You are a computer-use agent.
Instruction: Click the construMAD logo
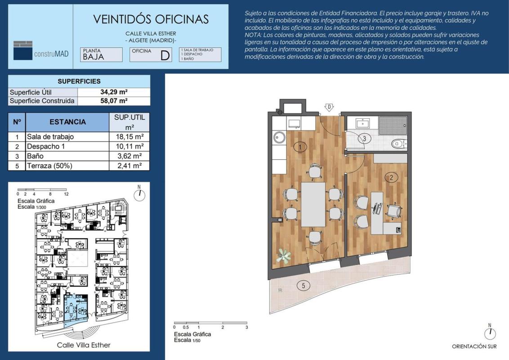41,51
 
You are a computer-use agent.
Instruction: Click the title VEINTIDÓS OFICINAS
151,19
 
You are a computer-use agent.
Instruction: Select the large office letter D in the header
165,55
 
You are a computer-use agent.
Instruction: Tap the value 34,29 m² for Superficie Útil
114,92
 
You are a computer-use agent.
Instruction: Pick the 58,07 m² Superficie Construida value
114,101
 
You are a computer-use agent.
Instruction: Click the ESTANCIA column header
67,122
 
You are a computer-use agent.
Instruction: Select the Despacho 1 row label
46,146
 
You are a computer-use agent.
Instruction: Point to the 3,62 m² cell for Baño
129,156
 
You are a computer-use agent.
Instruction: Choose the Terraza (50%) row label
49,166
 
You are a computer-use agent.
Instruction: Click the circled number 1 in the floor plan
299,147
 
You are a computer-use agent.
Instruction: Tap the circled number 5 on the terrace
304,286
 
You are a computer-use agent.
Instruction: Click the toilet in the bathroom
399,144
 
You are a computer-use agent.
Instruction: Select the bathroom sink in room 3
362,123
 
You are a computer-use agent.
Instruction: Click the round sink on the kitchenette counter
279,137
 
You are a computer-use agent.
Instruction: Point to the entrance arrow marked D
329,107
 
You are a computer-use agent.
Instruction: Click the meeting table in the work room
313,204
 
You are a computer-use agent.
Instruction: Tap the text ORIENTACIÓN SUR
474,346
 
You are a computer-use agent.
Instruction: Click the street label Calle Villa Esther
84,345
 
